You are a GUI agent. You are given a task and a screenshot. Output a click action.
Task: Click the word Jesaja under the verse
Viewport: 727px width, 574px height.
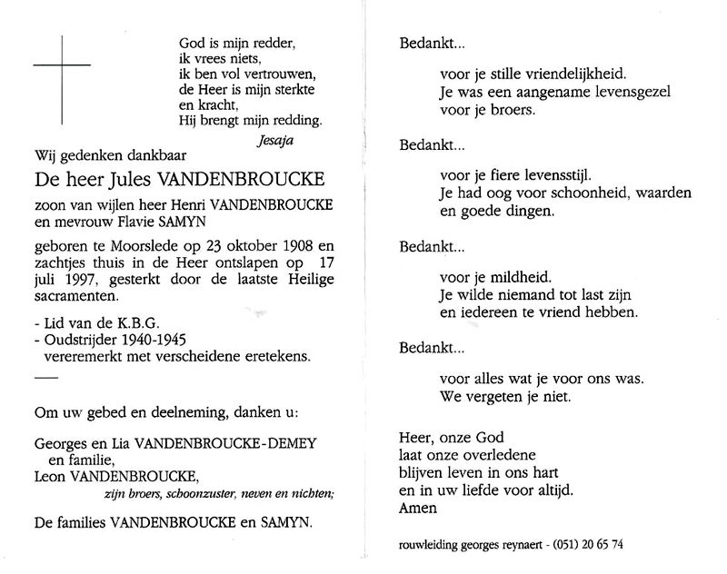tap(276, 141)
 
